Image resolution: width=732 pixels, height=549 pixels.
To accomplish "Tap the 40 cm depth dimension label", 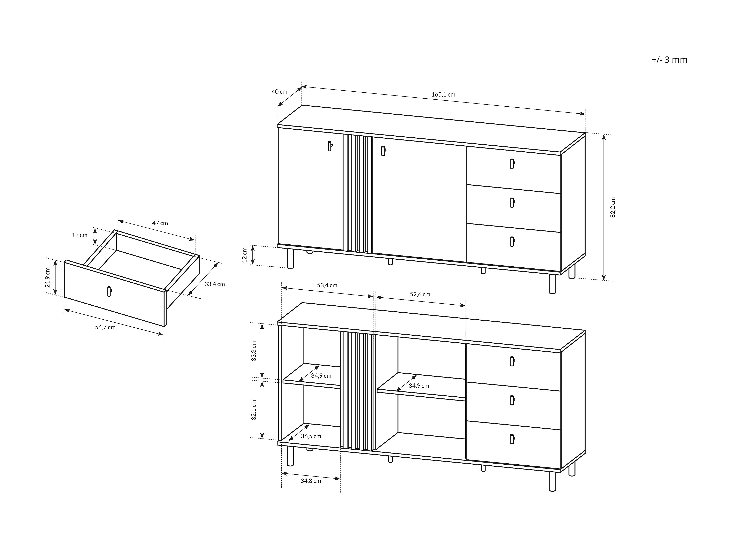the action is [279, 92].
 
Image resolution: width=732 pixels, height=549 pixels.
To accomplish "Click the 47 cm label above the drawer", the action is [160, 223].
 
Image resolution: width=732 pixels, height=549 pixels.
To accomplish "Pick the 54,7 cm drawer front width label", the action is [105, 327].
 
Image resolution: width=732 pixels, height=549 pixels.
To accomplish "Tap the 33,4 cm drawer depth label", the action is [214, 284].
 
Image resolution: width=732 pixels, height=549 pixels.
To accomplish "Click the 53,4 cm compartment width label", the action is [327, 285].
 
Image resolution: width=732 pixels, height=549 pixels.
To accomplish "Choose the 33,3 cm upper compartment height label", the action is [254, 351].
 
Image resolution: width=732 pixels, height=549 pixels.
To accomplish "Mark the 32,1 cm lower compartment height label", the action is [254, 410].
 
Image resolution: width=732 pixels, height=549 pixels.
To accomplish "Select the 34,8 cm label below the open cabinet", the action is [311, 481].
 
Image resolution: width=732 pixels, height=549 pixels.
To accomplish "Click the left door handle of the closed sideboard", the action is [330, 146].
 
